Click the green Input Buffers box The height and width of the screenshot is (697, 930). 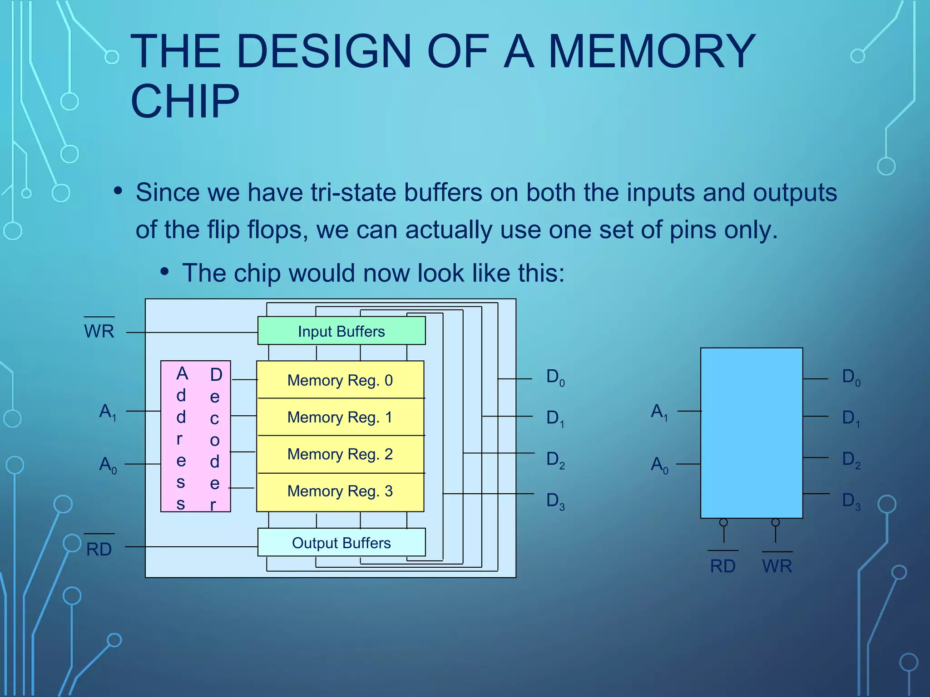click(x=341, y=331)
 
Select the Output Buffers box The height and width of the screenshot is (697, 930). click(x=341, y=542)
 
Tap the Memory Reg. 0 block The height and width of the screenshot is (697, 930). click(x=340, y=380)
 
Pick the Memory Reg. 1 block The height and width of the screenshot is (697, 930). click(x=340, y=417)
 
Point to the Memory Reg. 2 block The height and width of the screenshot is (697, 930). click(x=340, y=454)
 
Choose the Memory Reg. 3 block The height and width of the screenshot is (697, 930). click(x=340, y=491)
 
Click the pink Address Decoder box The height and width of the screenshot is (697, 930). click(x=196, y=437)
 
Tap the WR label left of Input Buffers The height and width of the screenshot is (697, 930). click(x=99, y=331)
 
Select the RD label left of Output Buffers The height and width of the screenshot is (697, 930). click(x=99, y=549)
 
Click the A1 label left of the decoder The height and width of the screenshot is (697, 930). click(x=108, y=412)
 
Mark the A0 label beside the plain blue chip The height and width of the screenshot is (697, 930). click(x=659, y=465)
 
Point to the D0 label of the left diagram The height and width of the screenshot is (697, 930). click(x=555, y=378)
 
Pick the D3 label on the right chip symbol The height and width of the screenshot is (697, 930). click(x=851, y=501)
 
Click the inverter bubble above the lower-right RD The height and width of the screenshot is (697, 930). click(x=724, y=522)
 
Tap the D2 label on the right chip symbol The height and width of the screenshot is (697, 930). click(x=851, y=460)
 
